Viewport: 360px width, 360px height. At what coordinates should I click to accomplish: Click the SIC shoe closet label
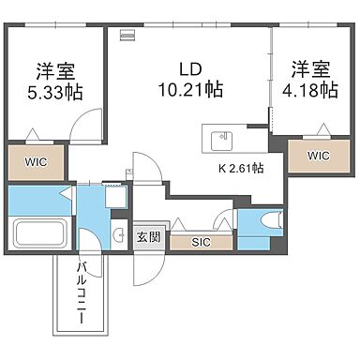click(x=201, y=242)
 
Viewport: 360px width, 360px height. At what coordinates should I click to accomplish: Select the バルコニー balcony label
click(x=82, y=293)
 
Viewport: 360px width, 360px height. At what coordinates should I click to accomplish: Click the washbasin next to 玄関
click(x=118, y=236)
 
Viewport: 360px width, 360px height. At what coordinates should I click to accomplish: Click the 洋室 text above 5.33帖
click(x=55, y=69)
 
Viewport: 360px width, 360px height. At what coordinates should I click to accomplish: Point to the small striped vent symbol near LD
click(x=127, y=37)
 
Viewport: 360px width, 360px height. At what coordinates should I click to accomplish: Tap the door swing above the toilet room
click(x=224, y=220)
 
